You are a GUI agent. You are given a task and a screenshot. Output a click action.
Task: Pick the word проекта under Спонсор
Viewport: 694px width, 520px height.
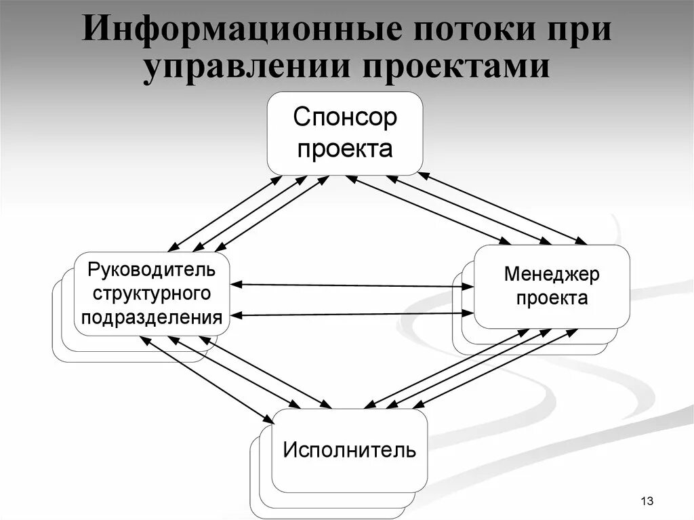coord(345,148)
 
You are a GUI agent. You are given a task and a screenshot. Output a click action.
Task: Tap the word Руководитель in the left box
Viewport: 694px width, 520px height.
coord(151,270)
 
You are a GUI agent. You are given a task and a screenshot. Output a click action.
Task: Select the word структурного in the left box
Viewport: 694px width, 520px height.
coord(150,294)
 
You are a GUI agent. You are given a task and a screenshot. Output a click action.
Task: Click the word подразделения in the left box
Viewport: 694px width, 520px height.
coord(151,317)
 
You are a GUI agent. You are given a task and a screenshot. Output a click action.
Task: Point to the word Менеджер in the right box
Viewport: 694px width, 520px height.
coord(552,275)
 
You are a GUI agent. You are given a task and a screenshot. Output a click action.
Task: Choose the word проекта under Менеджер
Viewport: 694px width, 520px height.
coord(552,298)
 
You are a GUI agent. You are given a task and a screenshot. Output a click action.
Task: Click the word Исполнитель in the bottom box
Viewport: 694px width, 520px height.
coord(349,449)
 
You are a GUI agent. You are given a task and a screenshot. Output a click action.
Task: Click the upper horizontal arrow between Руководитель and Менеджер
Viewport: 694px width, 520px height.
coord(352,285)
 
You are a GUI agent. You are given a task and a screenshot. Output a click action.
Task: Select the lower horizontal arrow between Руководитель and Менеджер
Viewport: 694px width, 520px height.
coord(352,314)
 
